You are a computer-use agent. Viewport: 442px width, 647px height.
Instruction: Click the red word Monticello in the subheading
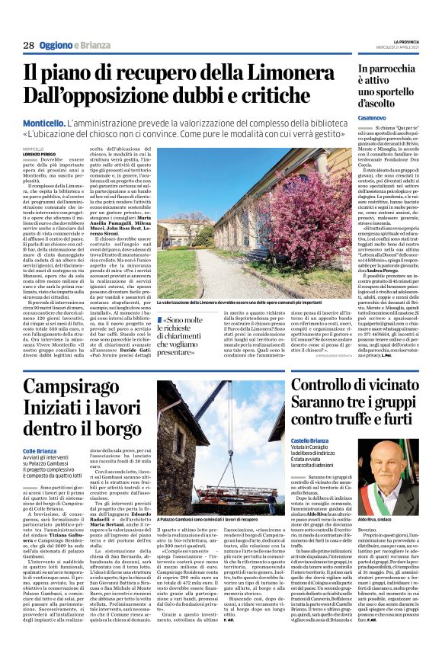click(x=43, y=122)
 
